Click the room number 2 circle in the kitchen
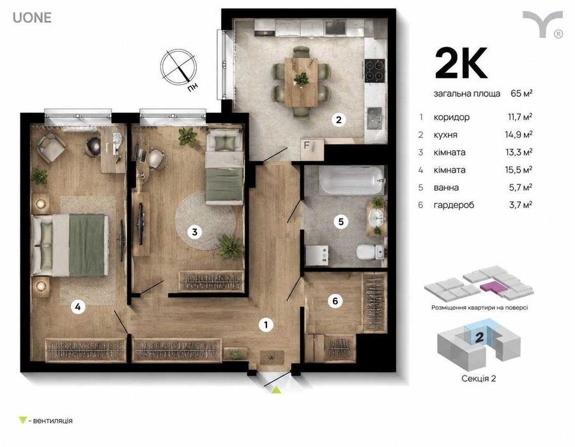(x=339, y=119)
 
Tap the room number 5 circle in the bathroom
(x=341, y=222)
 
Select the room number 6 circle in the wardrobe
(x=335, y=301)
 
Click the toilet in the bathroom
(x=371, y=252)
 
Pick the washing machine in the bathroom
(x=317, y=255)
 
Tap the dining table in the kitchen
(x=301, y=82)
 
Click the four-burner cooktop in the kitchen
(x=375, y=70)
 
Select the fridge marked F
(x=312, y=149)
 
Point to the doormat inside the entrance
(x=272, y=357)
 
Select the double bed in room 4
(x=70, y=245)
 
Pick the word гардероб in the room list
(x=454, y=205)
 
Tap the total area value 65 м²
(x=521, y=93)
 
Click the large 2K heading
(x=461, y=63)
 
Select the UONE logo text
(x=33, y=18)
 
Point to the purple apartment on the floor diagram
(x=494, y=287)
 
